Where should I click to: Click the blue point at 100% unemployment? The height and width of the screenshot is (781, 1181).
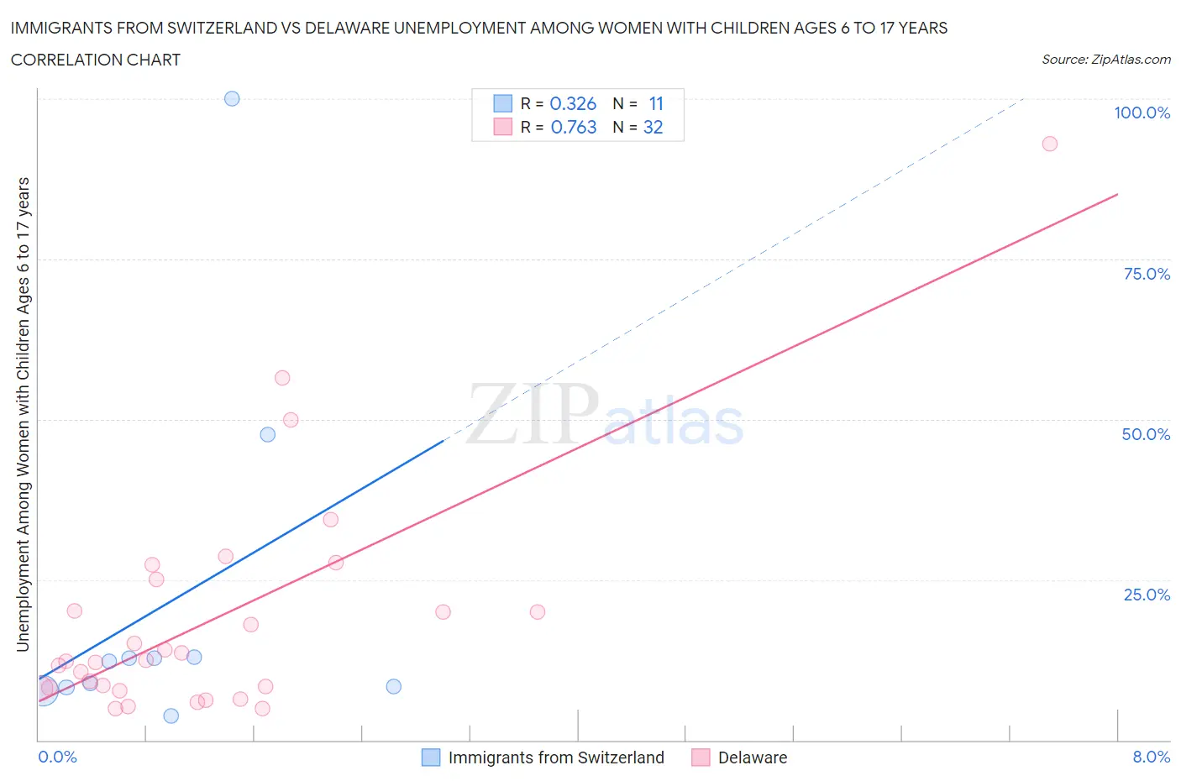232,98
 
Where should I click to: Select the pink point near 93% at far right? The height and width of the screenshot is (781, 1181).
1049,144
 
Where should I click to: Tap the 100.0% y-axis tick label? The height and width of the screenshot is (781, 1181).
1142,113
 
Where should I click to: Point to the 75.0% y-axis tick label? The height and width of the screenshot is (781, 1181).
1147,274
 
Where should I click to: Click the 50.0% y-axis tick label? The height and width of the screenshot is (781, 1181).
1146,434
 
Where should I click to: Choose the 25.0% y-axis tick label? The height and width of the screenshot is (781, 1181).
1147,595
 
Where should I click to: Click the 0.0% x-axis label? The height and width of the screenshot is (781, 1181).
57,757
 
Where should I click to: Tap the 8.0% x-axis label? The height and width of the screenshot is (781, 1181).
1151,757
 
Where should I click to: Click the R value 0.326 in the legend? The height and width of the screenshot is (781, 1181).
573,103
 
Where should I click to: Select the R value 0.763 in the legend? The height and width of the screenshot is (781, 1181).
574,127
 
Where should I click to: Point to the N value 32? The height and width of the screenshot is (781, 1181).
653,127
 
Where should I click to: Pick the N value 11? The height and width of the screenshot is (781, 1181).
656,103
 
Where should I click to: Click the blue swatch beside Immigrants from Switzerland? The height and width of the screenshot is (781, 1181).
430,757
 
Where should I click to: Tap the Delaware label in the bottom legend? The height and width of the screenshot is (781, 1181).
753,757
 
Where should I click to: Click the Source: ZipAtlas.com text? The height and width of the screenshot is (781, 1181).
1105,60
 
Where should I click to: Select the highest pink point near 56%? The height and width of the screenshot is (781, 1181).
282,378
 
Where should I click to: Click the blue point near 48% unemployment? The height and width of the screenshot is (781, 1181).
267,434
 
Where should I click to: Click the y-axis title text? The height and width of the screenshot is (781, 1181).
23,414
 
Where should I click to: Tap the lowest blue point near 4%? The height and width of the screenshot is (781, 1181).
171,715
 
